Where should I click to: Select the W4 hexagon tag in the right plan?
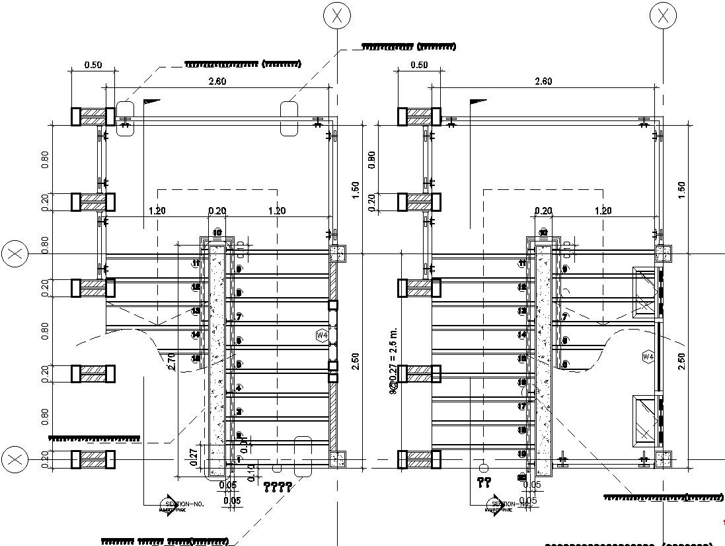[648, 357]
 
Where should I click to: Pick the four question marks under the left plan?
[278, 488]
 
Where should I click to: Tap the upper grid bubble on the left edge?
[15, 254]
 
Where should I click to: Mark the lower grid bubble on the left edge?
[15, 459]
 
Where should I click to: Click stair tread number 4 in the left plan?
[239, 388]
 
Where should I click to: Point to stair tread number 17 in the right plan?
[522, 406]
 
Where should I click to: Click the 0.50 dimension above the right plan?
[419, 65]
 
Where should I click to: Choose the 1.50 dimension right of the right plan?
[681, 190]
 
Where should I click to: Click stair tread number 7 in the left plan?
[239, 316]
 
